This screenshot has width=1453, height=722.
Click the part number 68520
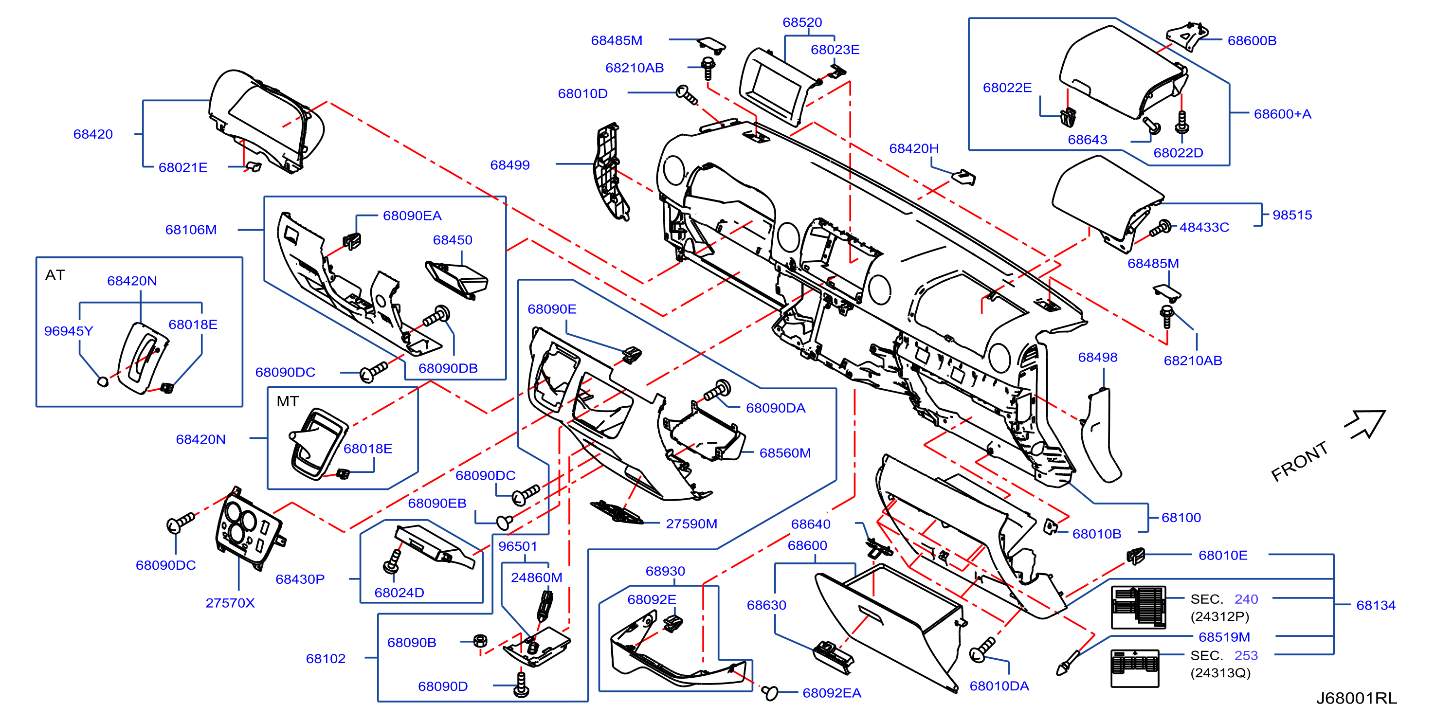(x=802, y=22)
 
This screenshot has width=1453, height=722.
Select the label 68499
(x=510, y=165)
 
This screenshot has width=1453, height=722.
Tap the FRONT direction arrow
(x=1366, y=424)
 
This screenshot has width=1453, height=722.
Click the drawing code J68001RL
(x=1357, y=698)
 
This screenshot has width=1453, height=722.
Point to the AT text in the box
(x=55, y=275)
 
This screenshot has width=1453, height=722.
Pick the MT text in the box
(x=287, y=401)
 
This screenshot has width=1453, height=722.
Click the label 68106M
(x=191, y=230)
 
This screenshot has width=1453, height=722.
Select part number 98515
(x=1292, y=215)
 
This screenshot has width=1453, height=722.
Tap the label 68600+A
(x=1283, y=114)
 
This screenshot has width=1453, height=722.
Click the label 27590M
(x=691, y=524)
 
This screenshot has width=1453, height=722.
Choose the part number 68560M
(x=785, y=453)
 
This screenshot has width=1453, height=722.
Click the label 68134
(x=1376, y=605)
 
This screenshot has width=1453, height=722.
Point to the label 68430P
(x=300, y=579)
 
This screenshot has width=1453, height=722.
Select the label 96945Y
(x=69, y=331)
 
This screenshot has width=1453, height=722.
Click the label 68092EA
(x=832, y=693)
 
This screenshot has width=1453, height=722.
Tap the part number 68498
(x=1098, y=357)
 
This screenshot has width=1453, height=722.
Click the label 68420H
(x=914, y=148)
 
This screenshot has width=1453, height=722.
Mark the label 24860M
(x=536, y=578)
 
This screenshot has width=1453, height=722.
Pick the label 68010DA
(x=999, y=686)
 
